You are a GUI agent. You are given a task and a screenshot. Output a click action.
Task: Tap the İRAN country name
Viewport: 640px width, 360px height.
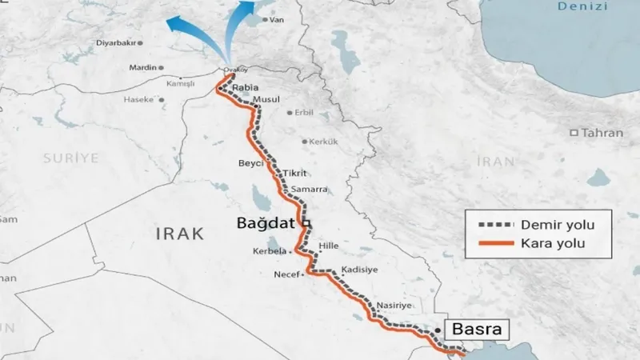(x=495, y=162)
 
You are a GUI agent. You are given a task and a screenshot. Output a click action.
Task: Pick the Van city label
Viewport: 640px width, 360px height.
(x=278, y=19)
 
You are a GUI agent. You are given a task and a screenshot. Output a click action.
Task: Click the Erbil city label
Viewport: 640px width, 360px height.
(x=305, y=113)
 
